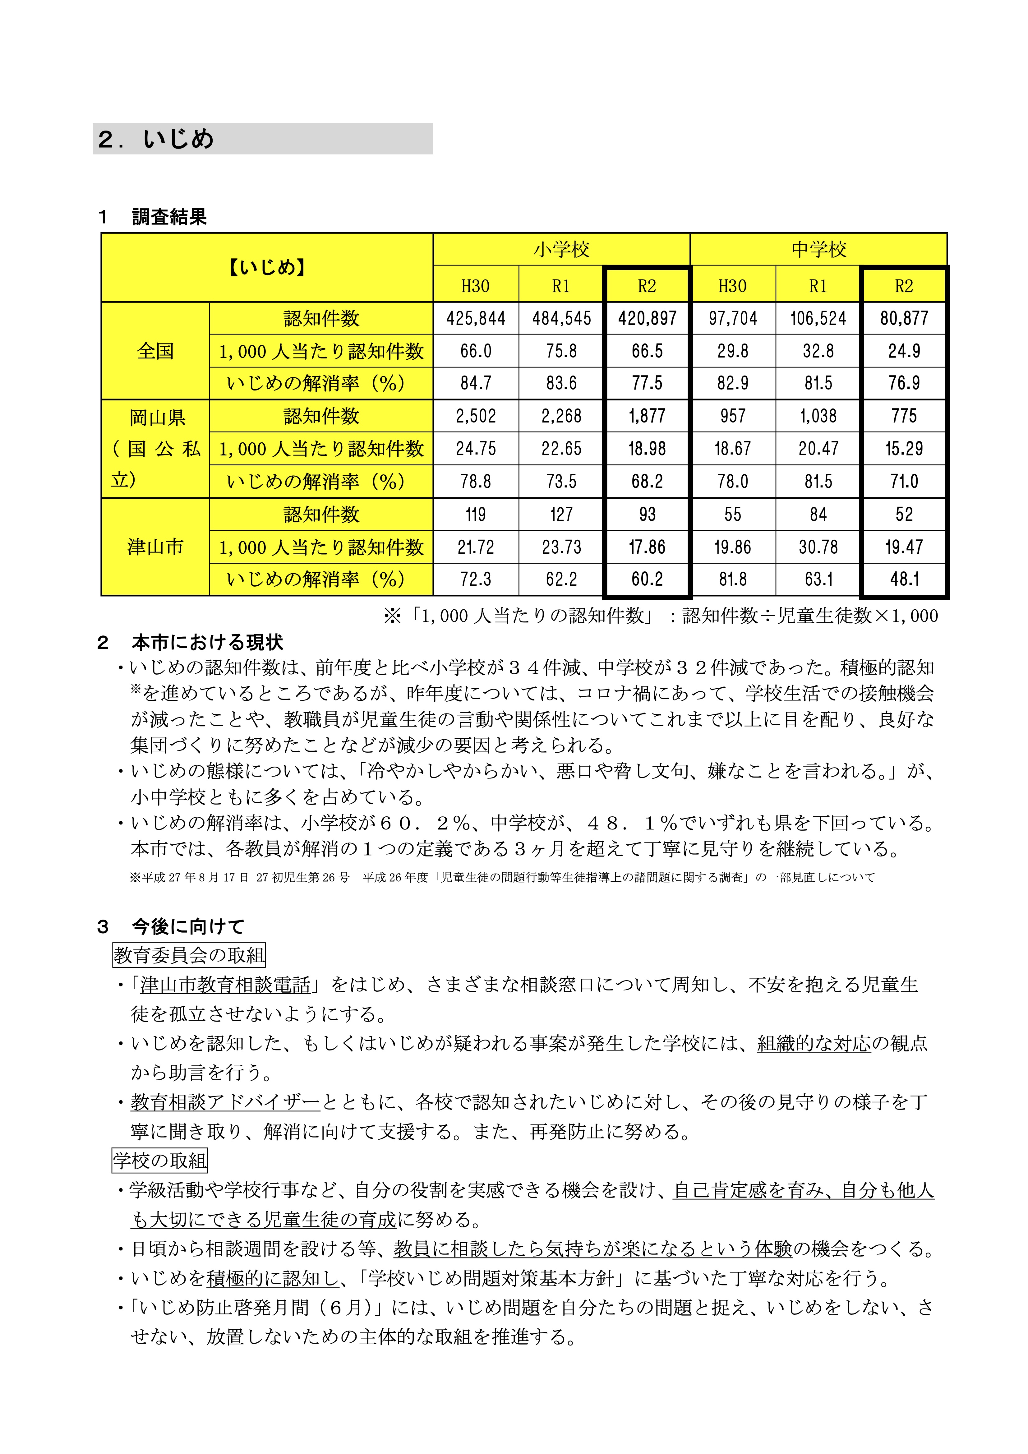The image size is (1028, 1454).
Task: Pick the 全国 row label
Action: (x=155, y=351)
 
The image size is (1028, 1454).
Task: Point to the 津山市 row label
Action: (x=155, y=547)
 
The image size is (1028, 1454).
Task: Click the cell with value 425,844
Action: (x=476, y=318)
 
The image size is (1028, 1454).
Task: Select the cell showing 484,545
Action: (x=561, y=318)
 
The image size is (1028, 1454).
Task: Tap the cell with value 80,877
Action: (x=904, y=318)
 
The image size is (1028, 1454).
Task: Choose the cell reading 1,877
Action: (x=647, y=416)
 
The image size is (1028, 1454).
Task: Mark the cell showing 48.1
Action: (x=904, y=579)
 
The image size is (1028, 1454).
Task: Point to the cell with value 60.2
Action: (x=647, y=579)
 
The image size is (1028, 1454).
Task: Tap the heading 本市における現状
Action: (x=207, y=642)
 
